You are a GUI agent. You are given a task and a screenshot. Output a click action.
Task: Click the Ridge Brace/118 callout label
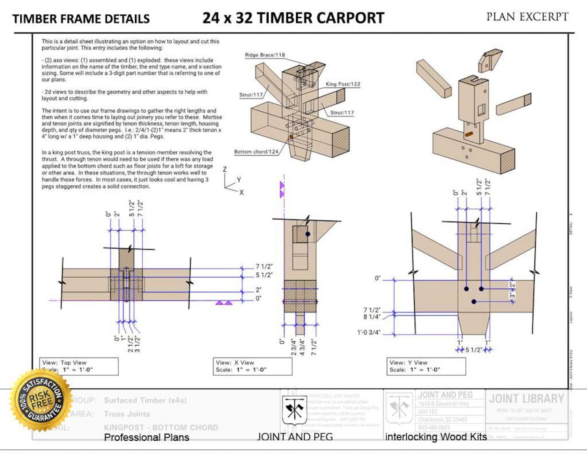[x=265, y=55]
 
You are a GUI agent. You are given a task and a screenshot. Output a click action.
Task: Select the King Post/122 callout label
[x=343, y=84]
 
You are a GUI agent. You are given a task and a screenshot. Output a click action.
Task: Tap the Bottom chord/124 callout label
[x=256, y=152]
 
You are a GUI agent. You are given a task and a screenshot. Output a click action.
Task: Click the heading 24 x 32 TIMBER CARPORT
[x=293, y=18]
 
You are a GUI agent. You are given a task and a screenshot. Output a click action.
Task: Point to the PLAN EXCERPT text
[x=527, y=17]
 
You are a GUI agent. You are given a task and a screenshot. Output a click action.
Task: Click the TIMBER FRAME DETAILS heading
[x=81, y=19]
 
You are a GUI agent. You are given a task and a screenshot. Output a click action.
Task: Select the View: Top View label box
[x=79, y=366]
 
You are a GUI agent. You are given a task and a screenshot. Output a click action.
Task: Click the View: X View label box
[x=252, y=366]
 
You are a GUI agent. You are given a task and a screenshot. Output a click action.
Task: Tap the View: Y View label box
[x=426, y=366]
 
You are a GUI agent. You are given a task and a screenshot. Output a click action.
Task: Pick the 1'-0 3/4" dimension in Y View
[x=369, y=332]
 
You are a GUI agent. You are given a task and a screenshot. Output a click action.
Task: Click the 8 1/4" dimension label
[x=371, y=317]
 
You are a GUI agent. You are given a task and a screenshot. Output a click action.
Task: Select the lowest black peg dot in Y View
[x=474, y=302]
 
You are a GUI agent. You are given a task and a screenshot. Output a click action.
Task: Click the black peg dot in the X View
[x=308, y=234]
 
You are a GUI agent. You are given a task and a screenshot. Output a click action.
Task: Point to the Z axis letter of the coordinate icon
[x=224, y=169]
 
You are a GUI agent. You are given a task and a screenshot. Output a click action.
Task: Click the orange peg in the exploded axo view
[x=469, y=134]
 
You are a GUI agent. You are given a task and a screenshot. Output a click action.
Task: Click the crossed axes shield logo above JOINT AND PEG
[x=294, y=410]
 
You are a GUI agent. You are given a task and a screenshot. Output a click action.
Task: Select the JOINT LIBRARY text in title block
[x=526, y=399]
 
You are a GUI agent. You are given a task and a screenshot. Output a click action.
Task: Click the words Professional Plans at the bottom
[x=146, y=437]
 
